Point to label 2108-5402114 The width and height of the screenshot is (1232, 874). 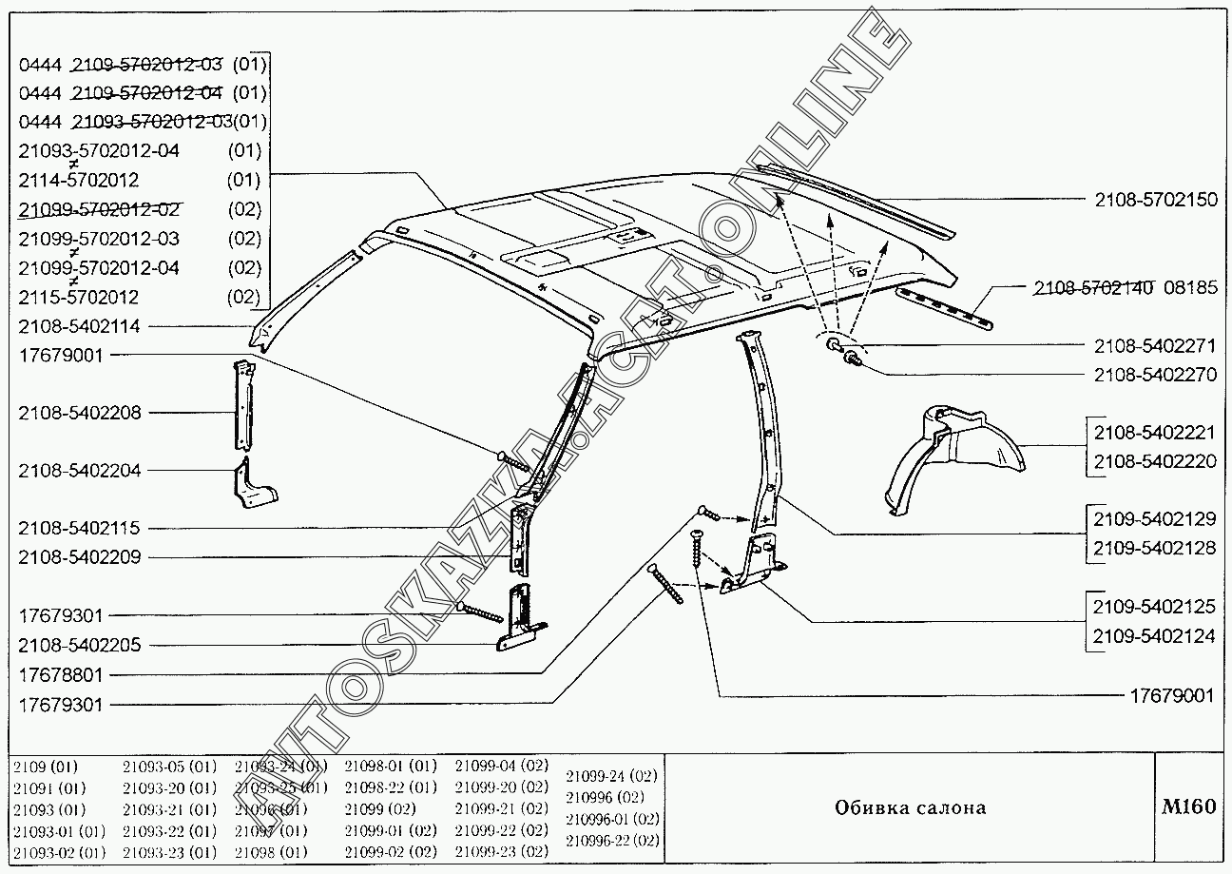click(x=79, y=326)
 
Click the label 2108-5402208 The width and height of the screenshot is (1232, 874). click(x=79, y=413)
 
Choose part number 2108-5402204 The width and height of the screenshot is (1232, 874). click(x=79, y=471)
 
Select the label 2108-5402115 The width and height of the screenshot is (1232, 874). click(x=79, y=529)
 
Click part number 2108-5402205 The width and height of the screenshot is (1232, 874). click(x=79, y=646)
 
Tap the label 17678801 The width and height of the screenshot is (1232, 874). click(x=60, y=675)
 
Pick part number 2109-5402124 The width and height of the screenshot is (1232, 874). click(x=1154, y=636)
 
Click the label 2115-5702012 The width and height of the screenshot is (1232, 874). click(x=79, y=297)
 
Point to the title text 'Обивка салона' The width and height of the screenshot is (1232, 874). click(x=910, y=808)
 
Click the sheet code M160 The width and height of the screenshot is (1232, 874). click(x=1188, y=806)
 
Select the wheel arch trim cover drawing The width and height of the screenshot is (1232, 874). click(x=953, y=456)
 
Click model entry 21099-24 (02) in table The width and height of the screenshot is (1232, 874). click(x=611, y=776)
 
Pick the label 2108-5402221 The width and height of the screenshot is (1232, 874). click(x=1154, y=433)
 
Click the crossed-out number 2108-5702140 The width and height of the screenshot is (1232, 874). click(x=1093, y=287)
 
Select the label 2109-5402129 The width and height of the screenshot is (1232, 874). click(x=1154, y=520)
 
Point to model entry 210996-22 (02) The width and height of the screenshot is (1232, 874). click(x=611, y=841)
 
